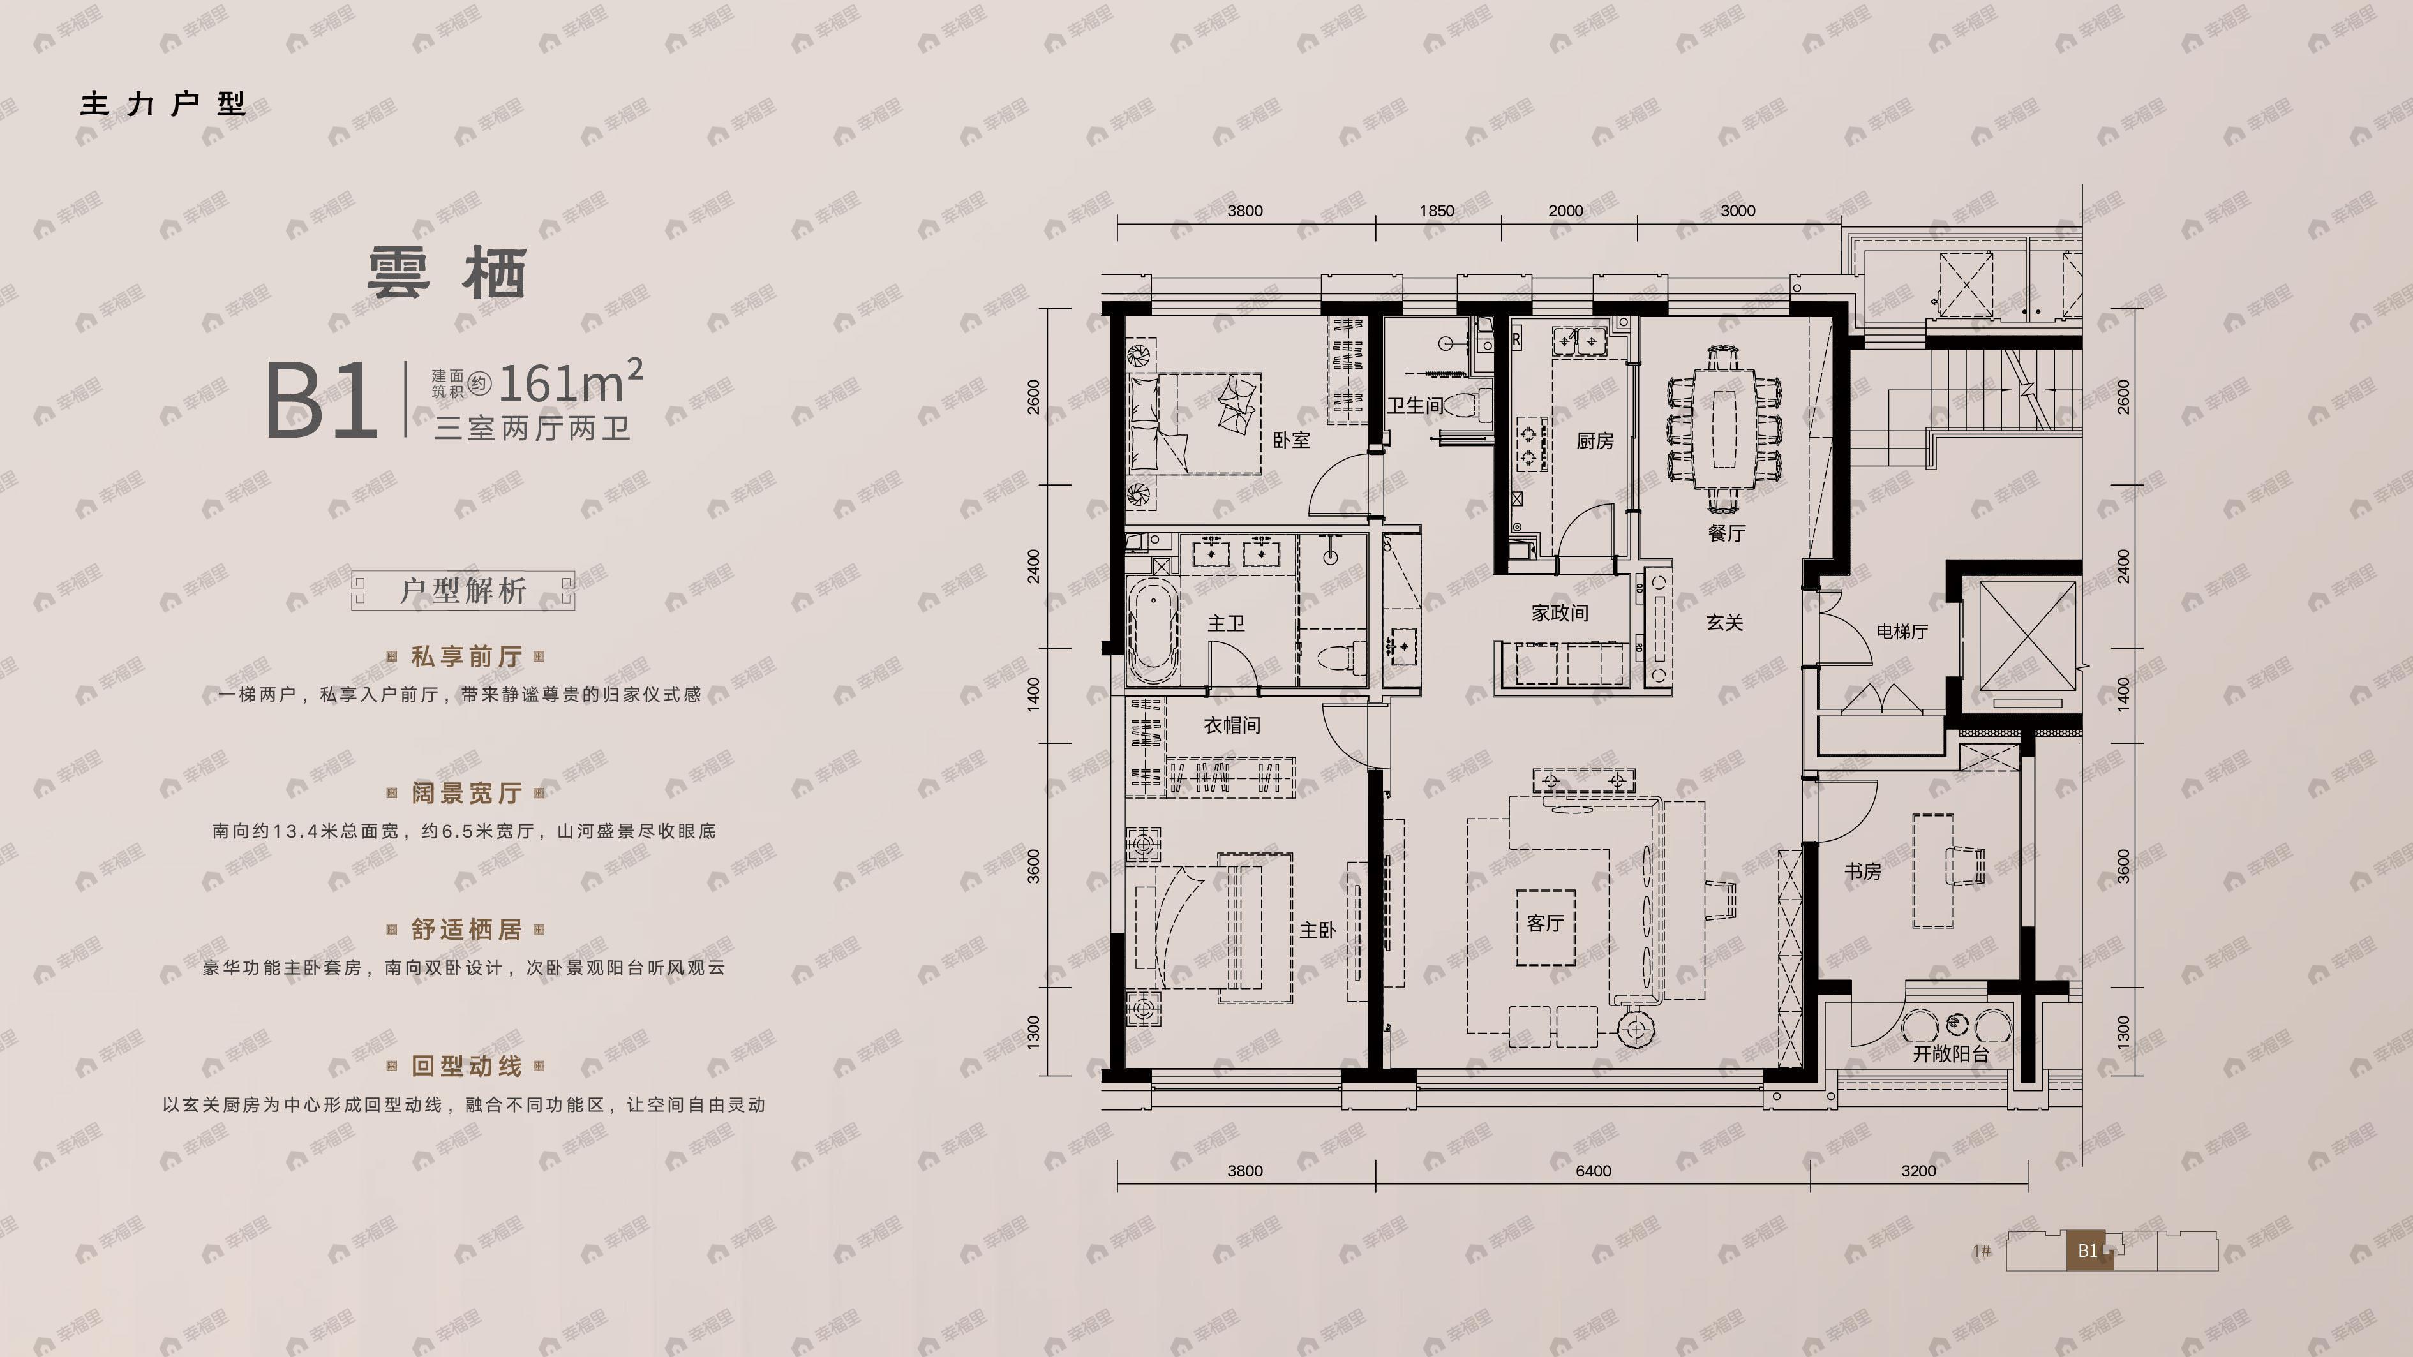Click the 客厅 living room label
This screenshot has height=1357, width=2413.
click(x=1544, y=923)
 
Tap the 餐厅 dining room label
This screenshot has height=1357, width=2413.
click(x=1726, y=533)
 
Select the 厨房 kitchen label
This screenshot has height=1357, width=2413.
click(x=1594, y=440)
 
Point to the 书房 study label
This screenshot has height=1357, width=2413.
click(x=1862, y=871)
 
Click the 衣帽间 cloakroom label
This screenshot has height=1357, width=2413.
click(x=1232, y=725)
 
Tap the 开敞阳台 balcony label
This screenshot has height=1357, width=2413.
click(x=1950, y=1053)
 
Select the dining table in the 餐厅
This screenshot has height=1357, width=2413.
click(x=1724, y=428)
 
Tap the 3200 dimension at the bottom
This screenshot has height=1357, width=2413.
click(x=1918, y=1171)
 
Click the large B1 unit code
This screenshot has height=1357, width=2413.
click(x=321, y=403)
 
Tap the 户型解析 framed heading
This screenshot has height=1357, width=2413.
click(x=463, y=591)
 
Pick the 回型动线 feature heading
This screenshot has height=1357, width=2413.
click(x=465, y=1065)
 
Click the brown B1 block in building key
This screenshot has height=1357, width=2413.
click(x=2089, y=1250)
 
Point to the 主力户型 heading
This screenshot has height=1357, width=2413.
click(x=163, y=103)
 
